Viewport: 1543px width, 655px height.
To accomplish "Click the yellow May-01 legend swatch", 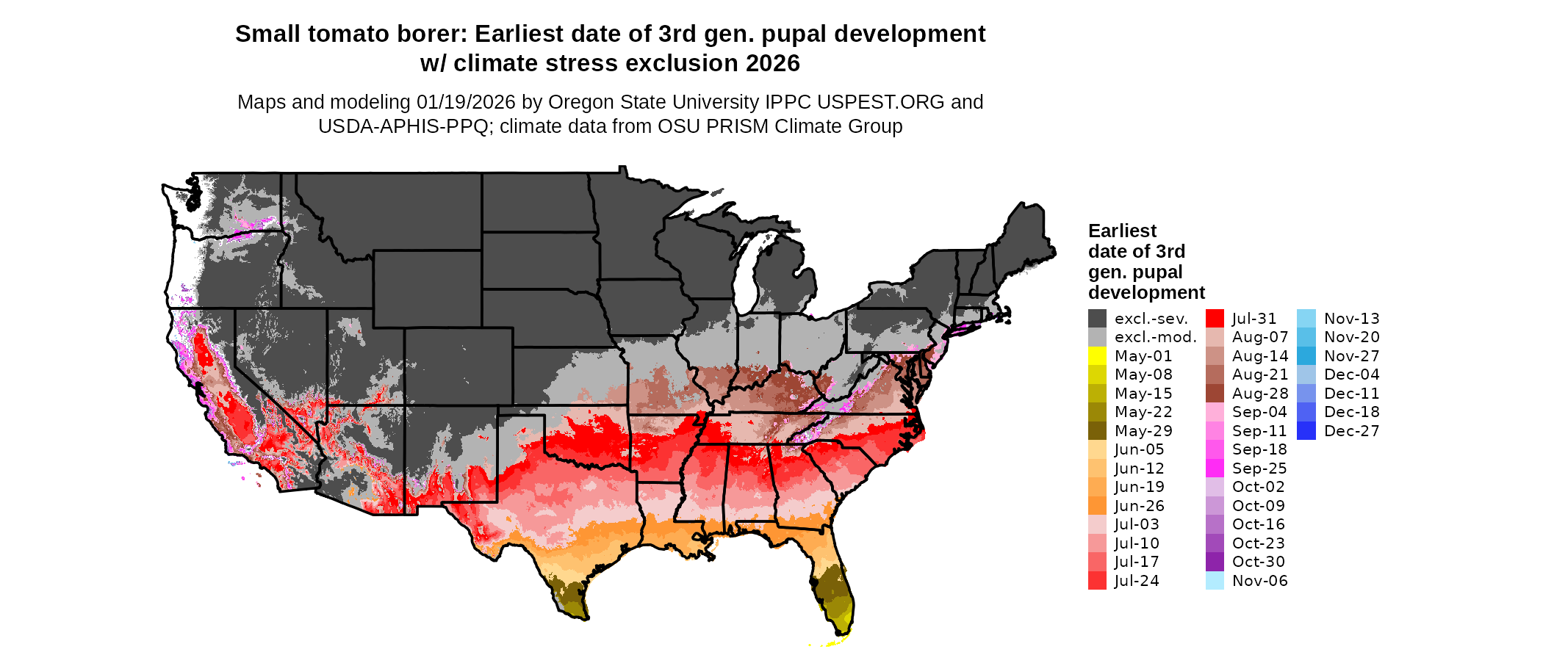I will pyautogui.click(x=1097, y=356).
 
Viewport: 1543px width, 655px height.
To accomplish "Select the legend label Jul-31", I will pyautogui.click(x=1254, y=319).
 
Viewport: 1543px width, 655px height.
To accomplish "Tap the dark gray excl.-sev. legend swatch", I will pyautogui.click(x=1097, y=319).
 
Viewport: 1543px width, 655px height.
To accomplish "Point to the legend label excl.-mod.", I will pyautogui.click(x=1155, y=338).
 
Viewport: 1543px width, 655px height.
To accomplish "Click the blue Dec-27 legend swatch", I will pyautogui.click(x=1306, y=431).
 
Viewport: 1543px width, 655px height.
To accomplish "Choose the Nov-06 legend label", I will pyautogui.click(x=1259, y=581).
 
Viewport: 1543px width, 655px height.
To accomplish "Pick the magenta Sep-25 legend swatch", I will pyautogui.click(x=1215, y=468).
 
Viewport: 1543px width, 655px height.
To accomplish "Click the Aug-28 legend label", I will pyautogui.click(x=1259, y=394).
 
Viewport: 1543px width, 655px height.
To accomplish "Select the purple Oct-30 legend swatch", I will pyautogui.click(x=1215, y=562).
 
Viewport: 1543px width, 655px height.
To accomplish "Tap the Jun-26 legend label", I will pyautogui.click(x=1139, y=506).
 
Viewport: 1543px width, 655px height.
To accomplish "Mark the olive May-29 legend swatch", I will pyautogui.click(x=1097, y=431).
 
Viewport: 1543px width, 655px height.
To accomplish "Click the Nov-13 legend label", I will pyautogui.click(x=1351, y=319).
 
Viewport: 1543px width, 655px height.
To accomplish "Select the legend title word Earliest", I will pyautogui.click(x=1122, y=231).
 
